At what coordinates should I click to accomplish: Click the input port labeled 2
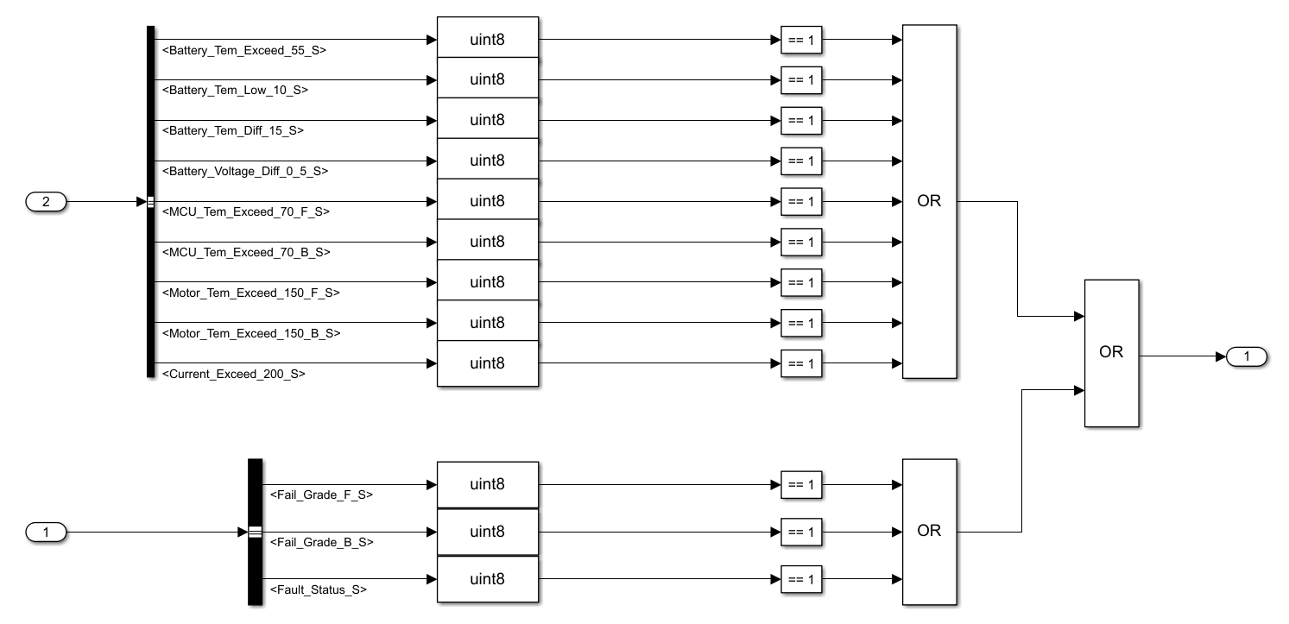[47, 202]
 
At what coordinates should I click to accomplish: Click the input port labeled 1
[47, 533]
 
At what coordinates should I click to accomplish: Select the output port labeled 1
[1245, 356]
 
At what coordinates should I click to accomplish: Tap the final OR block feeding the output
[1111, 353]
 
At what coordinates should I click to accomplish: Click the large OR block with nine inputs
[929, 202]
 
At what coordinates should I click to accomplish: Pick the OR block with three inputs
[929, 532]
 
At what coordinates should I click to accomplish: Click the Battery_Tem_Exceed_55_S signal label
[244, 50]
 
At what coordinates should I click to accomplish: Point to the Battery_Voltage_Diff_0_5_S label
[245, 171]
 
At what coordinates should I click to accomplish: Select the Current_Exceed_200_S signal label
[234, 374]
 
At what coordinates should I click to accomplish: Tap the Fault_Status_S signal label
[319, 589]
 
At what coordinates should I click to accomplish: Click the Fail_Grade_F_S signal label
[321, 495]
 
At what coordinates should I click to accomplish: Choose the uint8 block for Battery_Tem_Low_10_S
[487, 79]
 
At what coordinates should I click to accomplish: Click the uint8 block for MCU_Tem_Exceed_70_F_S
[487, 201]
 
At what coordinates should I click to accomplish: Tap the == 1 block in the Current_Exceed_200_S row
[801, 363]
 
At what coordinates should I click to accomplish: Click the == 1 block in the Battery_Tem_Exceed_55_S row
[801, 40]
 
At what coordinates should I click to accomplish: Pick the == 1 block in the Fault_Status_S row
[801, 579]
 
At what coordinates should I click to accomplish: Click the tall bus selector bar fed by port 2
[151, 202]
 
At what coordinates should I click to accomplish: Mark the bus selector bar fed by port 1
[255, 532]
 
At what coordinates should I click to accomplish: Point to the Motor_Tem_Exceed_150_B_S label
[251, 333]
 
